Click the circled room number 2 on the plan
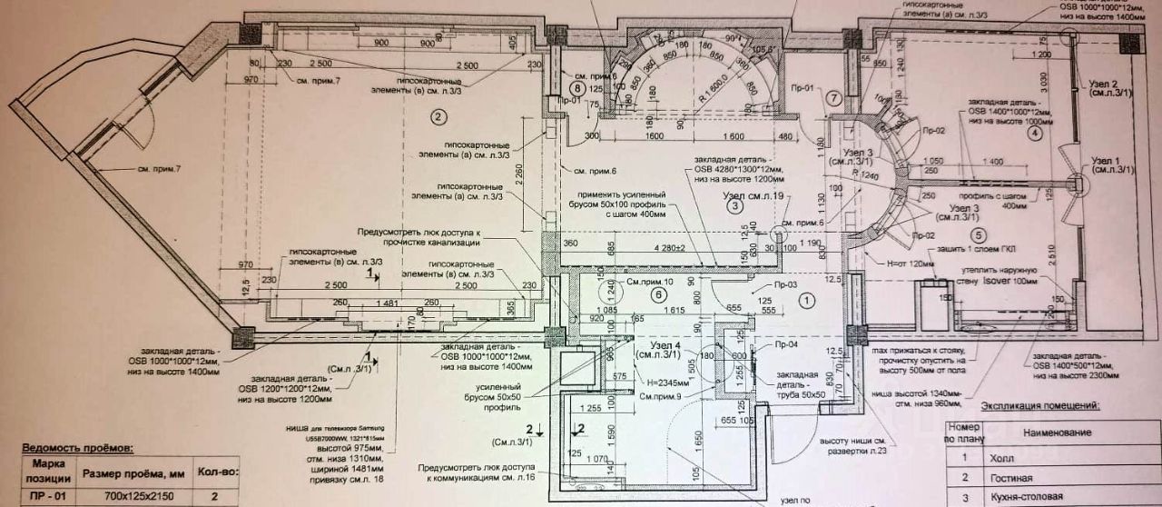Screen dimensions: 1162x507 (438, 116)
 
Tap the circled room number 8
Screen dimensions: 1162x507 (576, 88)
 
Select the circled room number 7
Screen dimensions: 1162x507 (835, 98)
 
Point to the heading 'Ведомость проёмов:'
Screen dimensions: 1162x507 (76, 448)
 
